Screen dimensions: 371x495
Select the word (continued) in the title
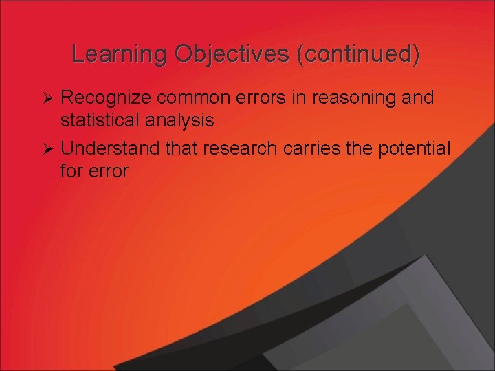357,54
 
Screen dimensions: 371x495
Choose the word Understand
111,148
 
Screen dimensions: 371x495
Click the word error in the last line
108,170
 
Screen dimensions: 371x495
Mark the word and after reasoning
419,98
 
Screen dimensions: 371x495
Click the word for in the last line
71,170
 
